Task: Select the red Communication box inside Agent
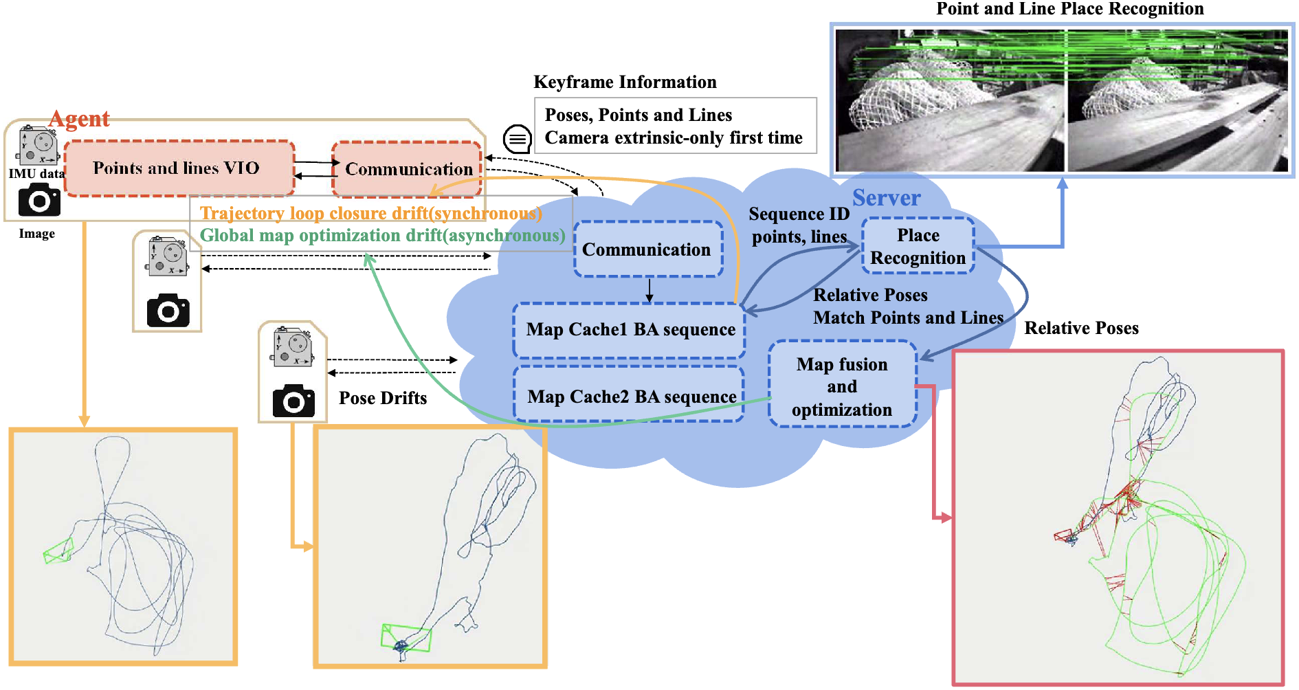pos(408,168)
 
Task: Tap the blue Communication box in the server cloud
pos(647,249)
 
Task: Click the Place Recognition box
pos(918,246)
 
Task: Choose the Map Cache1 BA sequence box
pos(630,330)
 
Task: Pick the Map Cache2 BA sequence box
pos(630,397)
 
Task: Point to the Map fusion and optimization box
pos(842,386)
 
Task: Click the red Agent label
pos(80,119)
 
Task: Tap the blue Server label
pos(886,198)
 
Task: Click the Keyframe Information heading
pos(625,82)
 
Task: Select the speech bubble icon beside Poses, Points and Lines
pos(517,139)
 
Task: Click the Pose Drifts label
pos(383,398)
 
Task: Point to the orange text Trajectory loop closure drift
pos(370,214)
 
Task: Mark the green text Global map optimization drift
pos(382,236)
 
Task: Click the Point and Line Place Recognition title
pos(1069,9)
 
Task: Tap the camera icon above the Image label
pos(39,200)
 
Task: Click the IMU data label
pos(36,174)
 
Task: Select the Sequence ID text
pos(799,214)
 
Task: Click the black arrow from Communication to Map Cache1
pos(649,289)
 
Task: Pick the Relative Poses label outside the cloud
pos(1081,329)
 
